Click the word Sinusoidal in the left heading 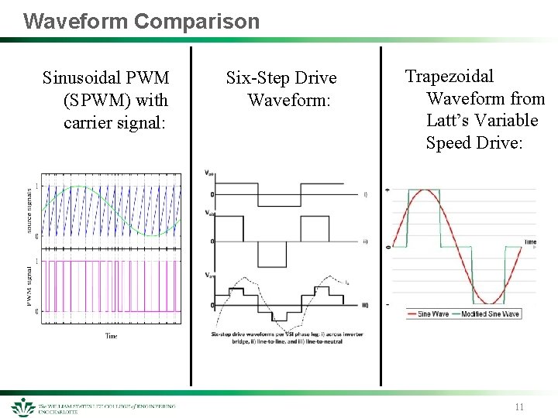coord(84,77)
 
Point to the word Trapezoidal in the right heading coord(449,76)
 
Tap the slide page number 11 coord(518,406)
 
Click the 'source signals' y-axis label coord(29,210)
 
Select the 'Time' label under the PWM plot coord(112,335)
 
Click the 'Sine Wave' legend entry coord(434,313)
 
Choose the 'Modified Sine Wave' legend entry coord(490,313)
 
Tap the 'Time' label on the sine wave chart coord(529,242)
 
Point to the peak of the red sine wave coord(418,189)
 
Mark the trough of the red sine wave coord(488,302)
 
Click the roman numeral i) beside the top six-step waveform coord(365,194)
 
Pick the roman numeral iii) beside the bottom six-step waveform coord(365,304)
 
